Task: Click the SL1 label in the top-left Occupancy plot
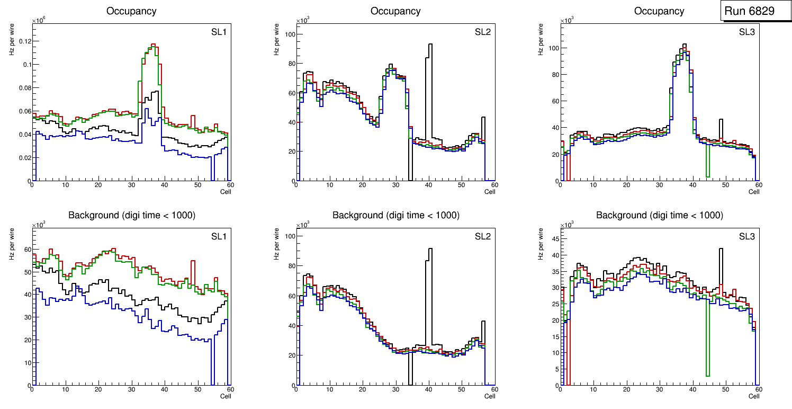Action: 219,32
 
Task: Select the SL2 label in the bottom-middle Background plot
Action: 482,236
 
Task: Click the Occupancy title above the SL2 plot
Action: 395,11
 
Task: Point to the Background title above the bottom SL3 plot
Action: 659,216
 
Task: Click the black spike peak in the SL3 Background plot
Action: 721,249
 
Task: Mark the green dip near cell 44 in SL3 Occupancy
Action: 707,175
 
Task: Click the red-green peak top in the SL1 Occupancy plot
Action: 152,45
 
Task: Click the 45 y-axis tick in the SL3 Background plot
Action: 553,239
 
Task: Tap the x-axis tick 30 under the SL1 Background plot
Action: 131,389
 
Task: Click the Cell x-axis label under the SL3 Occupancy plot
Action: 754,191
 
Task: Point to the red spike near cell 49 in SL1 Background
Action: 193,261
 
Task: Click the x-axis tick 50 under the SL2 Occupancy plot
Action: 461,185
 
